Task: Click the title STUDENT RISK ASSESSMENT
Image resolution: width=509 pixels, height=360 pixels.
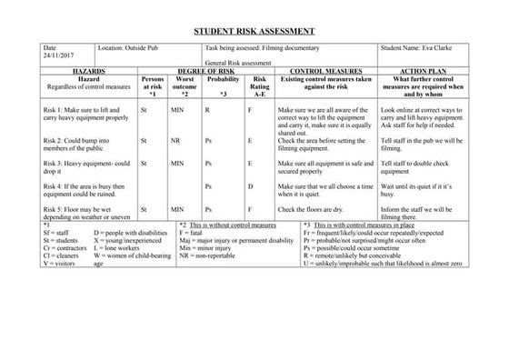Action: pyautogui.click(x=254, y=30)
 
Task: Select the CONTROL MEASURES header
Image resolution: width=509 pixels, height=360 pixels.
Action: pyautogui.click(x=324, y=70)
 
